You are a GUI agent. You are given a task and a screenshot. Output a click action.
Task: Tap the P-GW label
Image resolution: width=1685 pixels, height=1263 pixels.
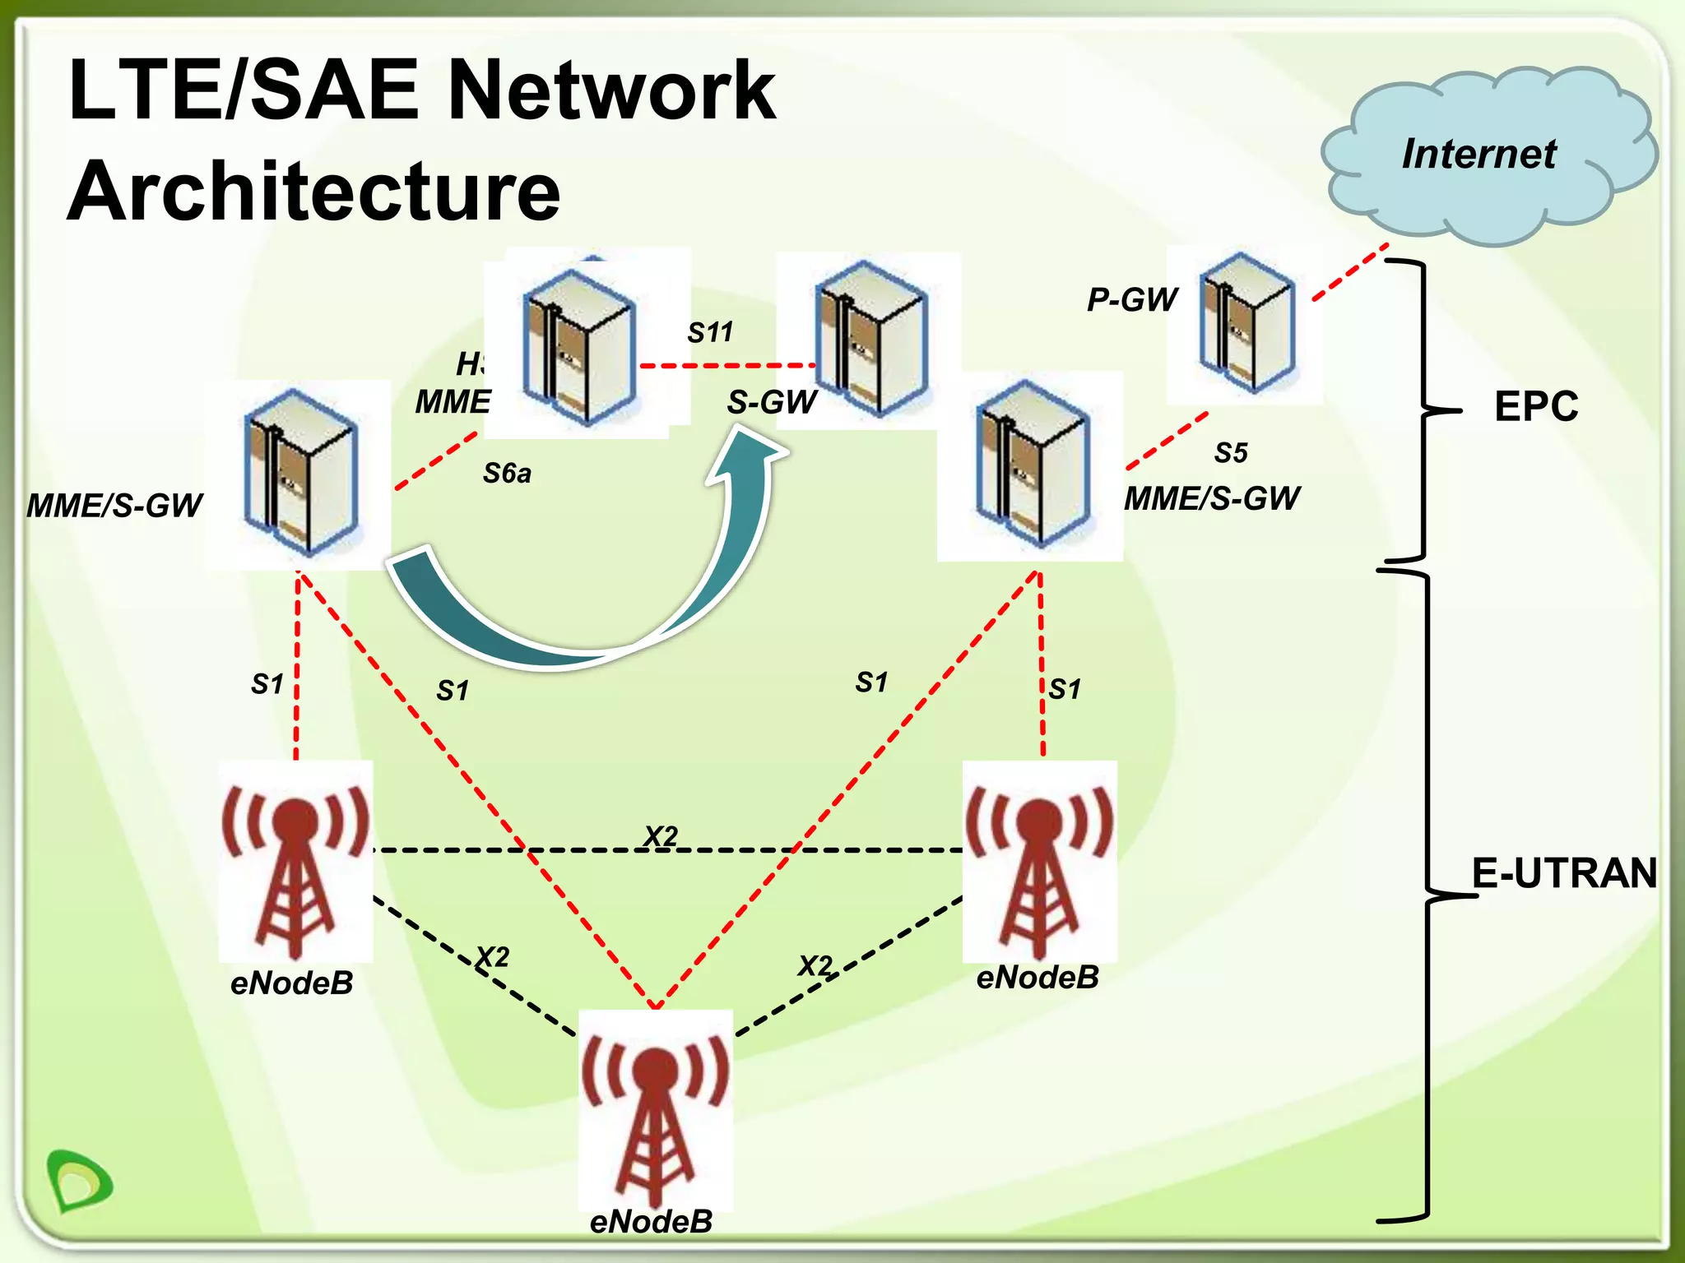click(1133, 300)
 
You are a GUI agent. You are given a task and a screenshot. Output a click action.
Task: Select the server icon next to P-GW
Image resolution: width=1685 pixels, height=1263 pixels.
click(1246, 322)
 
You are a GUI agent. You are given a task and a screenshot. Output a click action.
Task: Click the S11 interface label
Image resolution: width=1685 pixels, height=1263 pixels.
click(710, 333)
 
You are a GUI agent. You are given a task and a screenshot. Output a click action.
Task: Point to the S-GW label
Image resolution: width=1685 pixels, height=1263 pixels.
click(772, 402)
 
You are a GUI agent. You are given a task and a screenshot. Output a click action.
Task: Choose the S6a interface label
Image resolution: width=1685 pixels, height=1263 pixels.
click(507, 474)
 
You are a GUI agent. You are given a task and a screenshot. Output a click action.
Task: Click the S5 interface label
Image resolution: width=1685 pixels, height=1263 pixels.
click(1231, 453)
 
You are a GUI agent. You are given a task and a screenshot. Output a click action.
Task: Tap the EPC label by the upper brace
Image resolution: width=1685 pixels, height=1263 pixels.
click(1535, 406)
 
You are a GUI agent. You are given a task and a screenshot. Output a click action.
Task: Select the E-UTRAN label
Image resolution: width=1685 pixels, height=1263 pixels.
click(1563, 873)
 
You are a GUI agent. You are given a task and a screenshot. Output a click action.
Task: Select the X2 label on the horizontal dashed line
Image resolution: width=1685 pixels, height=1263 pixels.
click(661, 836)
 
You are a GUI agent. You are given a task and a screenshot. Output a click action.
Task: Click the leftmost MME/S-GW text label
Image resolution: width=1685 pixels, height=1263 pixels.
click(114, 506)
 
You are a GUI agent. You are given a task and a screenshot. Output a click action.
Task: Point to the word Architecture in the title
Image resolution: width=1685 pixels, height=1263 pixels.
click(313, 191)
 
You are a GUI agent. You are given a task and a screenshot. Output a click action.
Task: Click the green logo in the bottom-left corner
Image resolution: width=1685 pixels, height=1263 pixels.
click(80, 1181)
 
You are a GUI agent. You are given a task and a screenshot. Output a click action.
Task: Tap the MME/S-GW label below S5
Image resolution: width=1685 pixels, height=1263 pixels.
click(1211, 499)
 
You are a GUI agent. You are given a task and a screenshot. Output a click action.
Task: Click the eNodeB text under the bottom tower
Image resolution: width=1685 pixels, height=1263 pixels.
click(651, 1222)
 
